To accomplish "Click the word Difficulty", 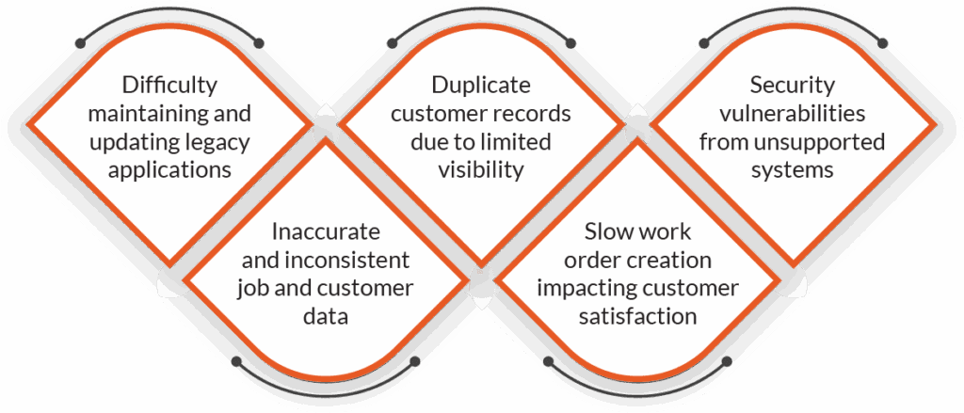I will pyautogui.click(x=169, y=86).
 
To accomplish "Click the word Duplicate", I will pyautogui.click(x=480, y=86).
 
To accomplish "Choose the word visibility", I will pyautogui.click(x=480, y=170).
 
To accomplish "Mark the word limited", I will pyautogui.click(x=515, y=142).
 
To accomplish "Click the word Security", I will pyautogui.click(x=792, y=86).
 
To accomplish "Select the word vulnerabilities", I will pyautogui.click(x=792, y=114).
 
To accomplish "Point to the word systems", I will pyautogui.click(x=792, y=170).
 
